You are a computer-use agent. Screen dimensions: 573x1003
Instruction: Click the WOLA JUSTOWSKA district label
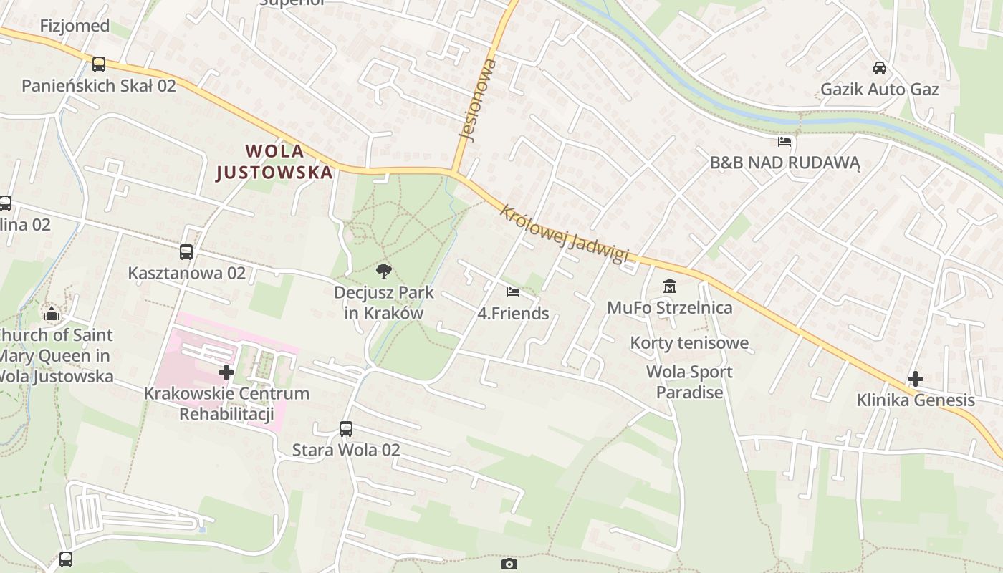tap(274, 162)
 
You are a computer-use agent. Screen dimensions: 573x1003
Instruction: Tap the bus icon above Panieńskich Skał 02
tap(99, 64)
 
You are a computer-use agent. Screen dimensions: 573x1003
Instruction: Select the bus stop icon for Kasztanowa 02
tap(186, 252)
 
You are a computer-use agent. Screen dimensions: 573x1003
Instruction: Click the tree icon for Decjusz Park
tap(384, 271)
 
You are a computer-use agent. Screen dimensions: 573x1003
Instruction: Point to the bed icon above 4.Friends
tap(513, 292)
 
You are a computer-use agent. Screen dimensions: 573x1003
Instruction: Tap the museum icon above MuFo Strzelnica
tap(670, 286)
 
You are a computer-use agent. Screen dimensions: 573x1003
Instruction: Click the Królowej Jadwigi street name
tap(564, 233)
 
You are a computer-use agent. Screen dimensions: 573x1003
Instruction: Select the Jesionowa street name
tap(477, 100)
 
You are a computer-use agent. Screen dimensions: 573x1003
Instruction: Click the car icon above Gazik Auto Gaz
tap(879, 68)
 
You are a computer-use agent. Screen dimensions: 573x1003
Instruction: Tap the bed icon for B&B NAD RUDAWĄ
tap(784, 142)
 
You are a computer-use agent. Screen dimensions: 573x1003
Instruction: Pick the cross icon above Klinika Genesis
tap(915, 379)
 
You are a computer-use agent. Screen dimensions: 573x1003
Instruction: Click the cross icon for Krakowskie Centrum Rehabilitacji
tap(226, 372)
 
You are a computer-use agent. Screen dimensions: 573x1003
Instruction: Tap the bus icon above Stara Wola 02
tap(346, 429)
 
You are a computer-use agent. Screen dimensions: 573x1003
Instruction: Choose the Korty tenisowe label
tap(689, 343)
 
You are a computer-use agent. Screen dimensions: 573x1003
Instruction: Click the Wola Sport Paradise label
tap(689, 382)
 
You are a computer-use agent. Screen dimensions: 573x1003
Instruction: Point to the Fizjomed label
tap(75, 26)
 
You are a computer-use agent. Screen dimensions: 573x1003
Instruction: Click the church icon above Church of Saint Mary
tap(51, 314)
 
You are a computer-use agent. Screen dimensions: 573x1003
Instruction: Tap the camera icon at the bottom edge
tap(509, 564)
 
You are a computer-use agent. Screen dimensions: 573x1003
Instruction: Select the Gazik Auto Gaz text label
tap(879, 90)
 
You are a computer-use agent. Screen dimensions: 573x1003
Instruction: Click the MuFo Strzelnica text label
tap(670, 308)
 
